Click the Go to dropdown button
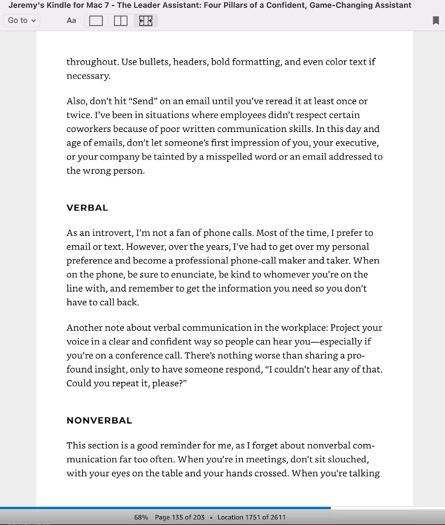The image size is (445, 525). pyautogui.click(x=22, y=21)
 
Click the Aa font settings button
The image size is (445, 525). pyautogui.click(x=72, y=21)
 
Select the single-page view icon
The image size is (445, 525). pyautogui.click(x=96, y=21)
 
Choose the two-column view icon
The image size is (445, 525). pyautogui.click(x=121, y=21)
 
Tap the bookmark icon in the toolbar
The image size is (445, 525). pyautogui.click(x=436, y=21)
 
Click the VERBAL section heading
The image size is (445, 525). pyautogui.click(x=87, y=208)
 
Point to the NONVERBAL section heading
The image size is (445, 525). pyautogui.click(x=99, y=421)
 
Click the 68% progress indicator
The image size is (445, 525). pyautogui.click(x=141, y=517)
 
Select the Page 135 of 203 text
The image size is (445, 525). pyautogui.click(x=179, y=517)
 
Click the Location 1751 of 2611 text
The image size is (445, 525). pyautogui.click(x=252, y=517)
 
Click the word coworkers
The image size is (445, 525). pyautogui.click(x=86, y=129)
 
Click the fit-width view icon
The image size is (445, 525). pyautogui.click(x=145, y=21)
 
